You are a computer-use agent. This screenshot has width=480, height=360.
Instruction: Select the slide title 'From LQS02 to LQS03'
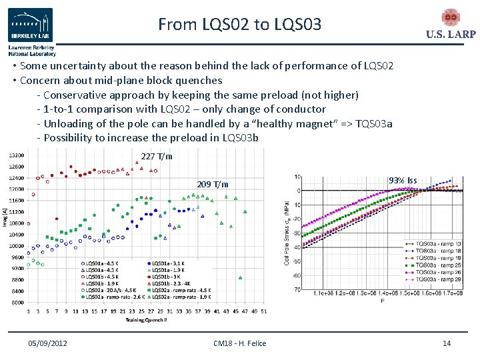tap(239, 25)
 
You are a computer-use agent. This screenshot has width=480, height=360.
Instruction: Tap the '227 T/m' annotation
tap(157, 157)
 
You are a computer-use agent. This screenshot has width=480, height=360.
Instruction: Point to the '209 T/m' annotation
tap(213, 184)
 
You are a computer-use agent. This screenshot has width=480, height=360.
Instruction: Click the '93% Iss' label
tap(403, 181)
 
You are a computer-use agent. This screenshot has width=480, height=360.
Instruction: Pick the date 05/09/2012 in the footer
tap(47, 343)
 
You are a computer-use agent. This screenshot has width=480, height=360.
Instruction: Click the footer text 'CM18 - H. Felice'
tap(239, 343)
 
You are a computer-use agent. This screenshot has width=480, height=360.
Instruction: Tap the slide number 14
tap(447, 343)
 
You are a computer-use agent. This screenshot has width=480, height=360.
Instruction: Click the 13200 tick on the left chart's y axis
tap(16, 155)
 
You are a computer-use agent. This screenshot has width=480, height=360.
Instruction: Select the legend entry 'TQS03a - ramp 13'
tap(439, 244)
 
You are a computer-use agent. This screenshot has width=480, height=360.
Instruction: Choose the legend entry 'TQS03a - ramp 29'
tap(439, 279)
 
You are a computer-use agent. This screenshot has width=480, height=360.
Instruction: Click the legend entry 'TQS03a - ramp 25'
tap(439, 265)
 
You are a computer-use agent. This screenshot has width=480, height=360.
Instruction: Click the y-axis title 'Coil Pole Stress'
tap(287, 233)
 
